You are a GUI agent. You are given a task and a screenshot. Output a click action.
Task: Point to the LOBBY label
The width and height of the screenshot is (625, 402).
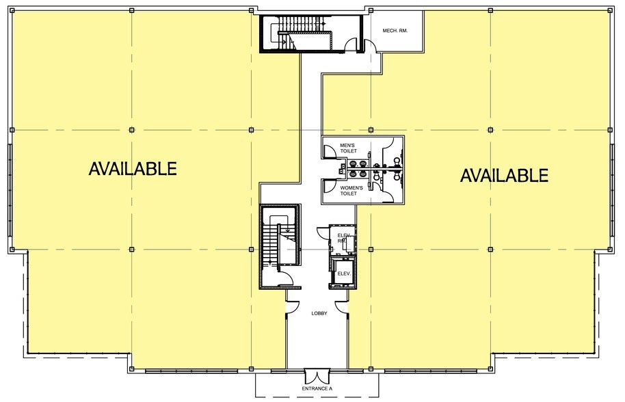[x=319, y=314]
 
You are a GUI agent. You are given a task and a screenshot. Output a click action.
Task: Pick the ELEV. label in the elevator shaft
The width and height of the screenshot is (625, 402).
[x=344, y=274]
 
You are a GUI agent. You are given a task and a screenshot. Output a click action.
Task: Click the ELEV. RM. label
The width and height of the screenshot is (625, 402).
[x=343, y=237]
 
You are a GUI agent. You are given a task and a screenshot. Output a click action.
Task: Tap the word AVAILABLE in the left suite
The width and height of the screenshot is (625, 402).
[x=133, y=168]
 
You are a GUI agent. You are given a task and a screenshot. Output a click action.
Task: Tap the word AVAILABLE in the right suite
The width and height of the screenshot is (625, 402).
[x=504, y=176]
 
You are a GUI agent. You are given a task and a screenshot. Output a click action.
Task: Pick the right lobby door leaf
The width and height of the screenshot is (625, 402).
[x=343, y=308]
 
